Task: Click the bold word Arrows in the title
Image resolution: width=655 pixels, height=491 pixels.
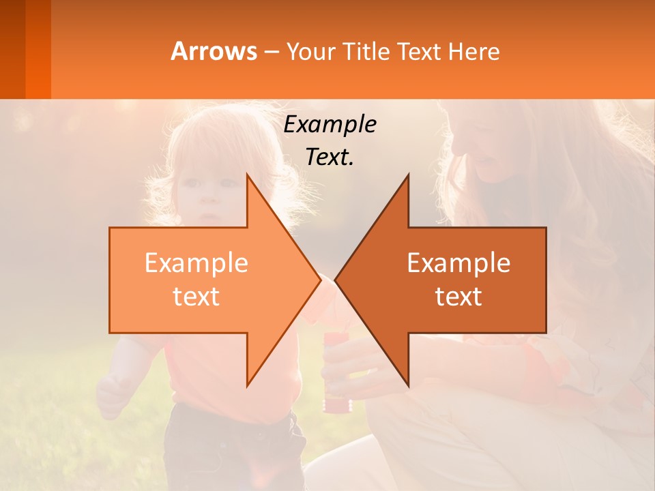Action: coord(214,51)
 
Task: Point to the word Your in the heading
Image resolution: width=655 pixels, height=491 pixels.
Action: coord(310,52)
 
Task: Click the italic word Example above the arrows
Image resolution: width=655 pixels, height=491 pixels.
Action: coord(330,124)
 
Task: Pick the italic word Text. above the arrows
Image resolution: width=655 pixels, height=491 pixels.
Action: coord(330,157)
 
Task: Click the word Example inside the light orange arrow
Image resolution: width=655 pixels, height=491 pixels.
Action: coord(196,263)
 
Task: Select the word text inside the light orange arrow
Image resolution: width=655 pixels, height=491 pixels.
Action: coord(196,296)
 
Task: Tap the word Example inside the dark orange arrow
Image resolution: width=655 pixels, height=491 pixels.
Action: coord(458,263)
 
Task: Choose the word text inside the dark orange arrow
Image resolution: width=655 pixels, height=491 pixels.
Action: coord(458,296)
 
